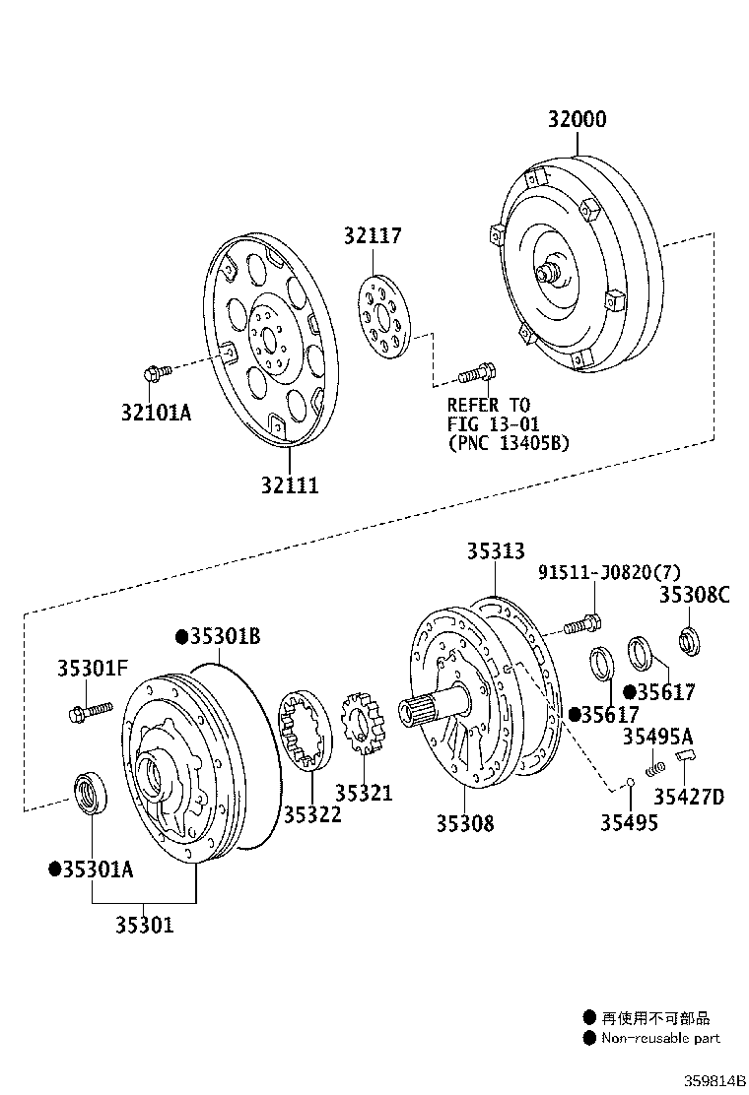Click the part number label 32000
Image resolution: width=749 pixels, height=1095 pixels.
coord(578,119)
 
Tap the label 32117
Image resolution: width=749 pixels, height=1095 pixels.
coord(373,236)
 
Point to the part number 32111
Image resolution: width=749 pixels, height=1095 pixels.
coord(290,485)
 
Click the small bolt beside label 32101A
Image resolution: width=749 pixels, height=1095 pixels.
coord(154,373)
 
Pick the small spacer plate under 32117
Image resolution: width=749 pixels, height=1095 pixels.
coord(381,316)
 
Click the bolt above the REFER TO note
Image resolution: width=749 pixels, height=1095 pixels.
coord(477,374)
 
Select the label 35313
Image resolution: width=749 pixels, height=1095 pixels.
coord(496,551)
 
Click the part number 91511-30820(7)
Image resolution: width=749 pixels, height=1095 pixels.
coord(609,573)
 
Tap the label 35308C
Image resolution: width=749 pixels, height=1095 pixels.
coord(695,594)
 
